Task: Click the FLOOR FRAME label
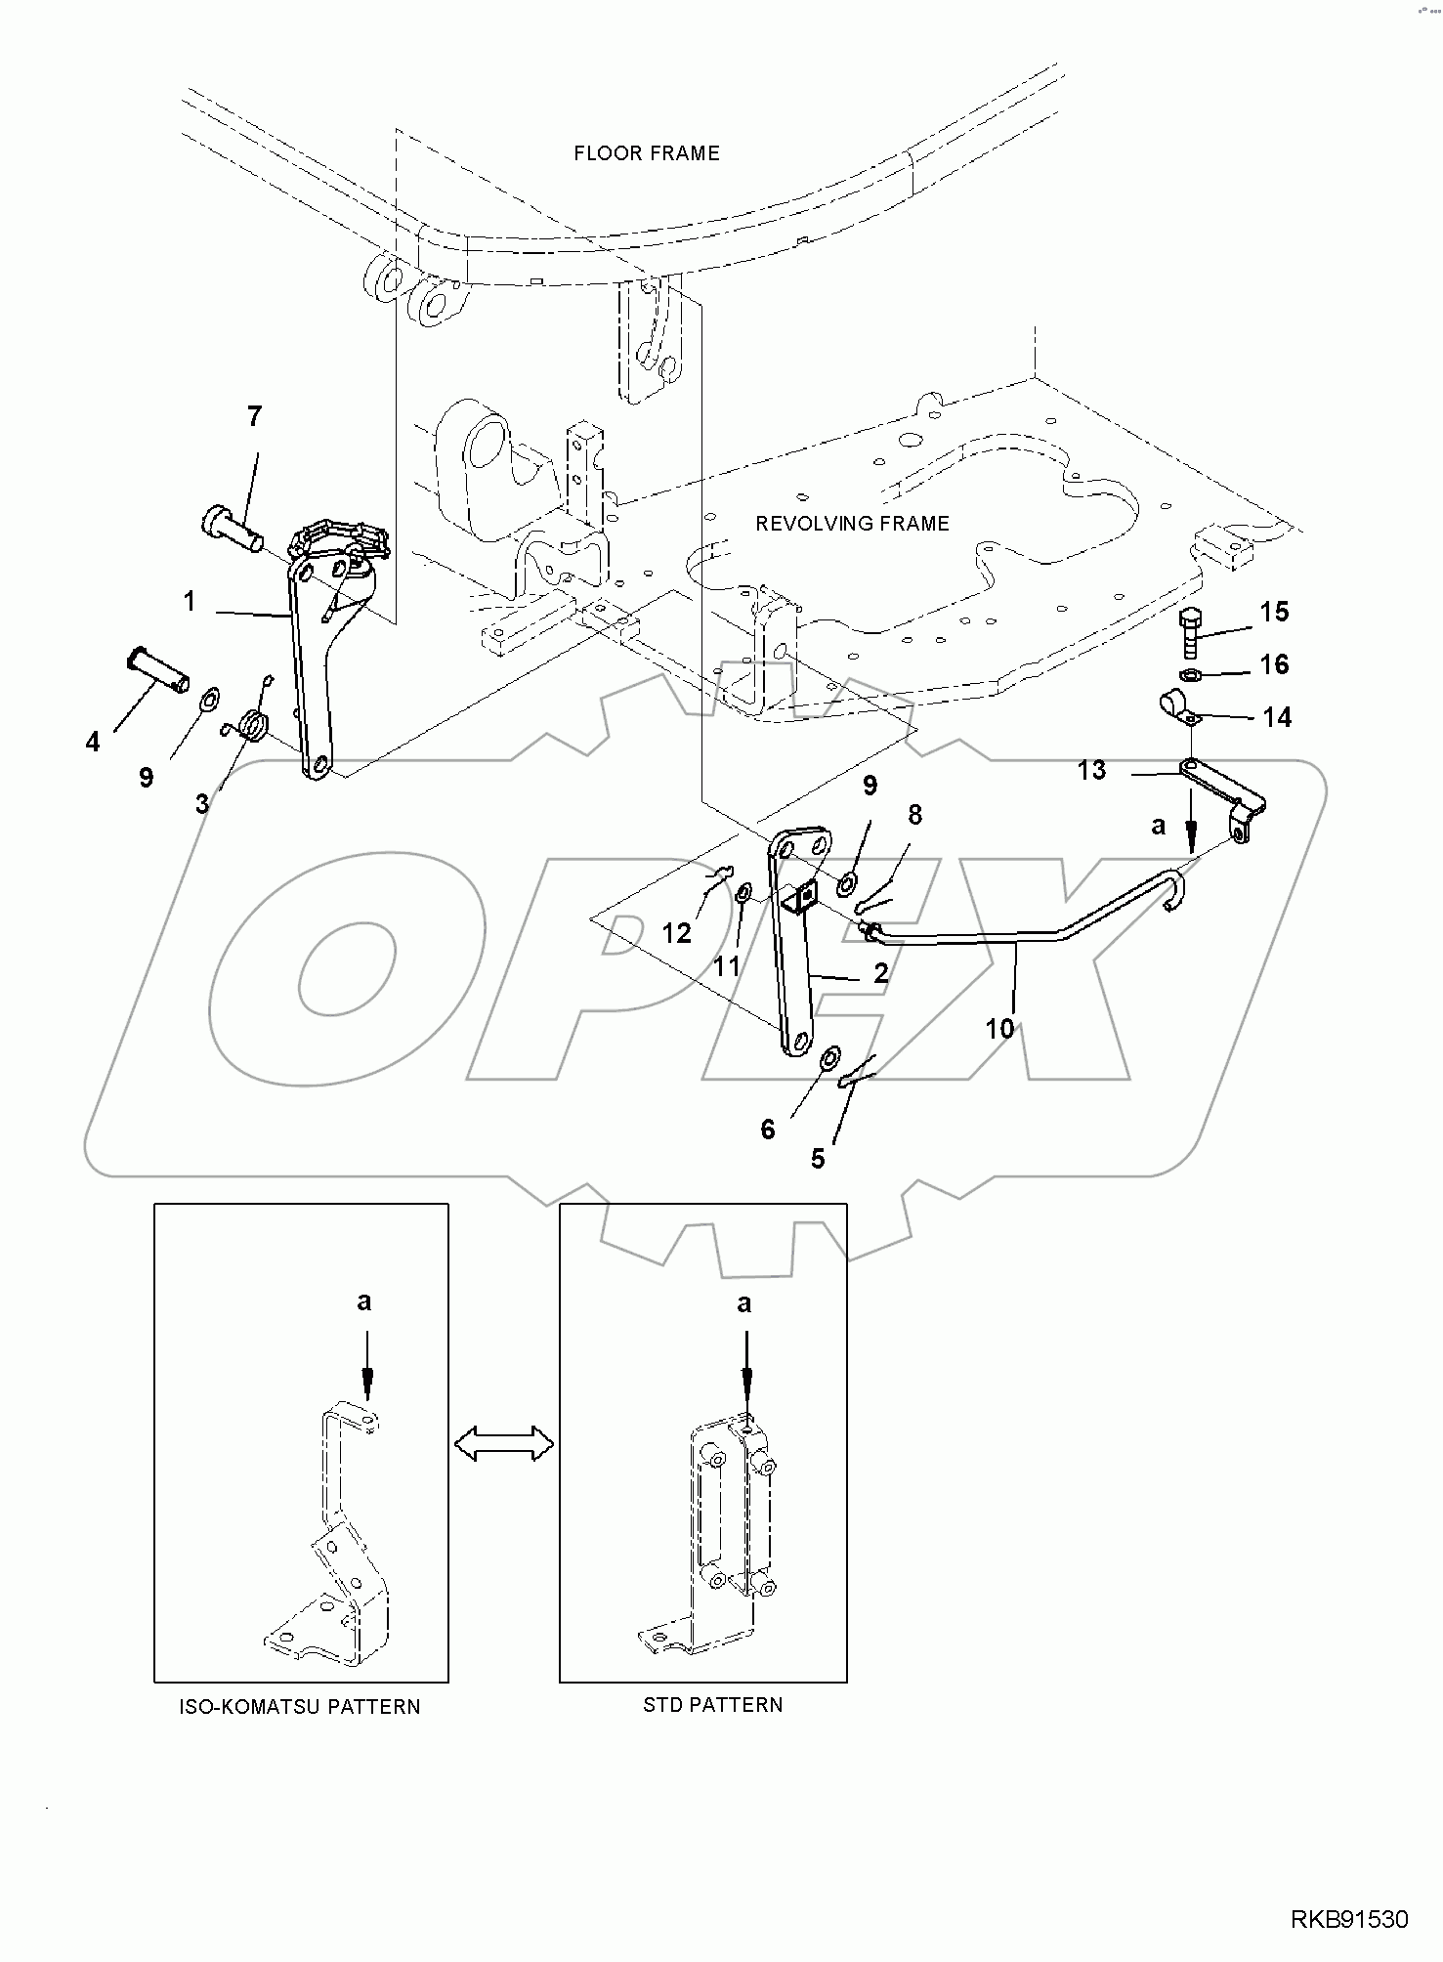click(x=646, y=153)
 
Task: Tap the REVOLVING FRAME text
click(x=852, y=524)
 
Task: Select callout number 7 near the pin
click(x=254, y=417)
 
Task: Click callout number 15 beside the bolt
click(x=1274, y=613)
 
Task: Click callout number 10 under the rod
click(x=999, y=1028)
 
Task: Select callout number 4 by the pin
click(x=93, y=743)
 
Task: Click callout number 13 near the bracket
click(x=1091, y=771)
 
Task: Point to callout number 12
click(x=676, y=933)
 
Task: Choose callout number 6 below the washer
click(x=767, y=1130)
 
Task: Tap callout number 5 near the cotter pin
click(x=818, y=1159)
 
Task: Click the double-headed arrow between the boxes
click(x=503, y=1443)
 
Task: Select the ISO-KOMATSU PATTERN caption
click(x=300, y=1707)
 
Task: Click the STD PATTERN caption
click(x=712, y=1705)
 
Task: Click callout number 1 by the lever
click(x=190, y=602)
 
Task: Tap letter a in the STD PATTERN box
click(x=744, y=1303)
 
